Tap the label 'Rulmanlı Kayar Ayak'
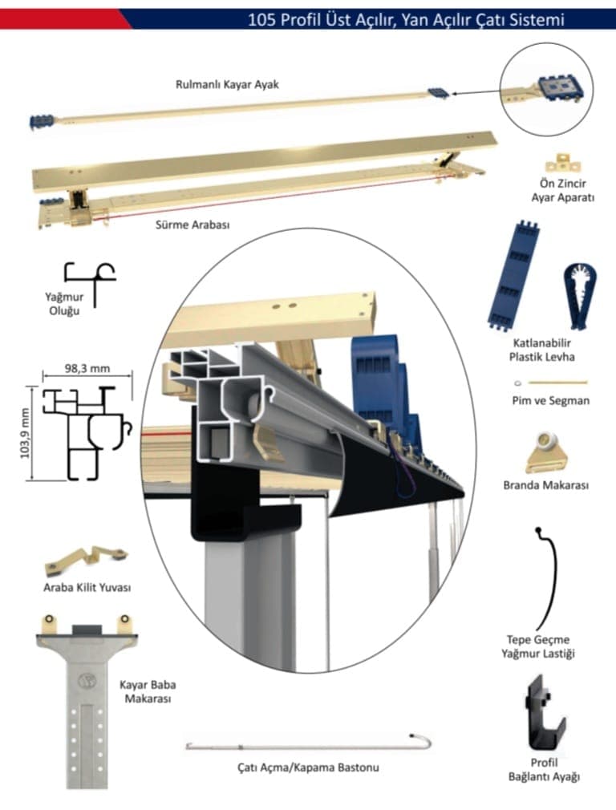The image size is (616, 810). pyautogui.click(x=227, y=84)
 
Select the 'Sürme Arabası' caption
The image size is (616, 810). pyautogui.click(x=192, y=225)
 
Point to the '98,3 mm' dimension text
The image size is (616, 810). pyautogui.click(x=86, y=370)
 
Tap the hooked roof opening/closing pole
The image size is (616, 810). pyautogui.click(x=309, y=743)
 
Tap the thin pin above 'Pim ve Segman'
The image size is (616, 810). pyautogui.click(x=552, y=383)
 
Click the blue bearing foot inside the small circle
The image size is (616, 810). pyautogui.click(x=553, y=87)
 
